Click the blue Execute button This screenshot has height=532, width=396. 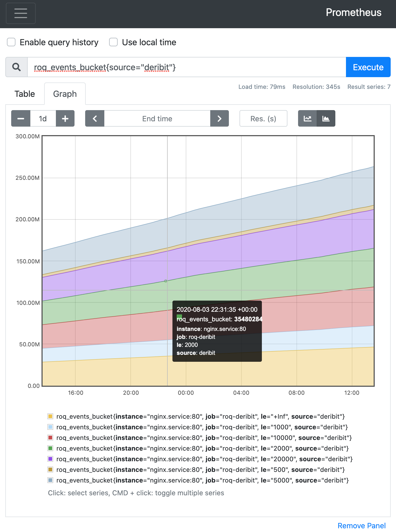[x=368, y=67]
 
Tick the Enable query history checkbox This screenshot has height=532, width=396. [x=11, y=42]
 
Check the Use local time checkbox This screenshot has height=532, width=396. [x=113, y=42]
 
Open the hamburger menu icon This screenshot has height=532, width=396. [x=21, y=13]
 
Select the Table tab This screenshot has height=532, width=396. [x=25, y=94]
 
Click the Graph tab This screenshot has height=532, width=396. [x=65, y=94]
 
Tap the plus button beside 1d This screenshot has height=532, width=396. [x=65, y=118]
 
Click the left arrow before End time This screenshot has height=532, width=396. [x=95, y=118]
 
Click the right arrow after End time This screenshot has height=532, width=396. [x=220, y=118]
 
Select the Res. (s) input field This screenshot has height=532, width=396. [x=263, y=118]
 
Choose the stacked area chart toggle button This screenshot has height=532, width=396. [x=326, y=118]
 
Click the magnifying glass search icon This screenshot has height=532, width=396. [x=16, y=67]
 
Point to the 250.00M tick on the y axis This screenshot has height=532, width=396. [x=27, y=178]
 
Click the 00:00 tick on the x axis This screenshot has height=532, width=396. [x=186, y=393]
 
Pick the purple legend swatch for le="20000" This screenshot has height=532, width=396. [x=50, y=459]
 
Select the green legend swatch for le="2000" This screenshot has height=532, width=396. [x=50, y=448]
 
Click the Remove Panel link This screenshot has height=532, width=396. [x=361, y=526]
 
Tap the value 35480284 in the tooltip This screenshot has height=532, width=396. [x=248, y=319]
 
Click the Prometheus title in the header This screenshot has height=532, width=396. [x=354, y=13]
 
